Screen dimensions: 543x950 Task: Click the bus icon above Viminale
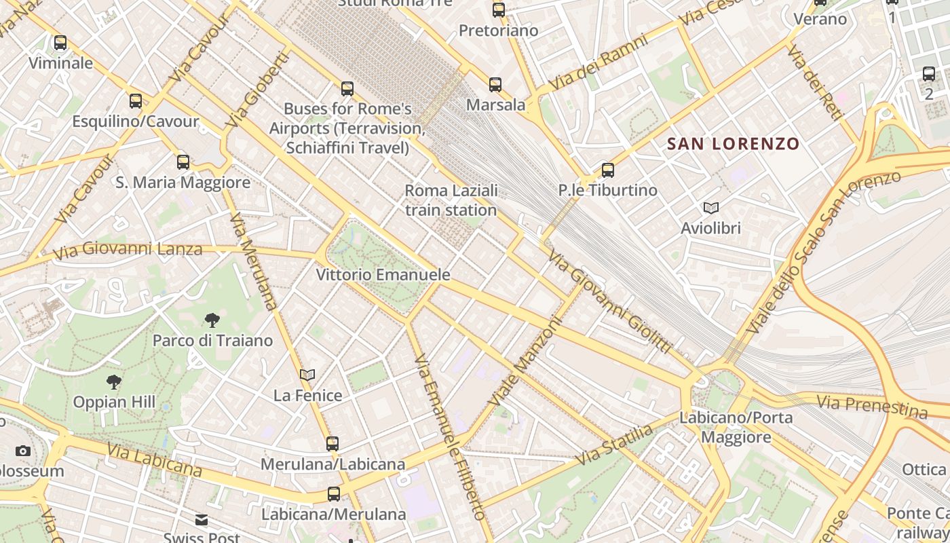pyautogui.click(x=60, y=43)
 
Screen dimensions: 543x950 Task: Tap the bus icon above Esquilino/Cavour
pyautogui.click(x=136, y=101)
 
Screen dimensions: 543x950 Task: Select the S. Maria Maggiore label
pyautogui.click(x=183, y=182)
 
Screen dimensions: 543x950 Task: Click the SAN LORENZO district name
pyautogui.click(x=734, y=144)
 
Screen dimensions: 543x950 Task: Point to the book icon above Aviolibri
pyautogui.click(x=710, y=208)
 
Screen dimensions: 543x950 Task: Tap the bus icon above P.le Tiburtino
pyautogui.click(x=608, y=170)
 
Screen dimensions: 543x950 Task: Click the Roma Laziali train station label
pyautogui.click(x=451, y=200)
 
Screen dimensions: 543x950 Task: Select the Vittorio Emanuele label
pyautogui.click(x=383, y=275)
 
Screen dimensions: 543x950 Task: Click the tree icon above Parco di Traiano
pyautogui.click(x=212, y=320)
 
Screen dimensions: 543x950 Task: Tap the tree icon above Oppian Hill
pyautogui.click(x=114, y=382)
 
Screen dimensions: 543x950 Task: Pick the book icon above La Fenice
pyautogui.click(x=307, y=375)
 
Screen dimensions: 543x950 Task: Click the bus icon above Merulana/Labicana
pyautogui.click(x=332, y=444)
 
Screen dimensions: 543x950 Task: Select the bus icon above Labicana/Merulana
pyautogui.click(x=333, y=494)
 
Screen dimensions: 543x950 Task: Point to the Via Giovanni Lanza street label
pyautogui.click(x=128, y=250)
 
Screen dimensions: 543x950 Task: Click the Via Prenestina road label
pyautogui.click(x=871, y=407)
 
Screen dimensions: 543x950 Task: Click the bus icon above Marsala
pyautogui.click(x=495, y=85)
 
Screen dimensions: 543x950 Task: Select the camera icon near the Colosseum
pyautogui.click(x=22, y=451)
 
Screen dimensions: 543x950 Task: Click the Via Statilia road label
pyautogui.click(x=615, y=445)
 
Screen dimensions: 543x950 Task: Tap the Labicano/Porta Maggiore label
pyautogui.click(x=736, y=427)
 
